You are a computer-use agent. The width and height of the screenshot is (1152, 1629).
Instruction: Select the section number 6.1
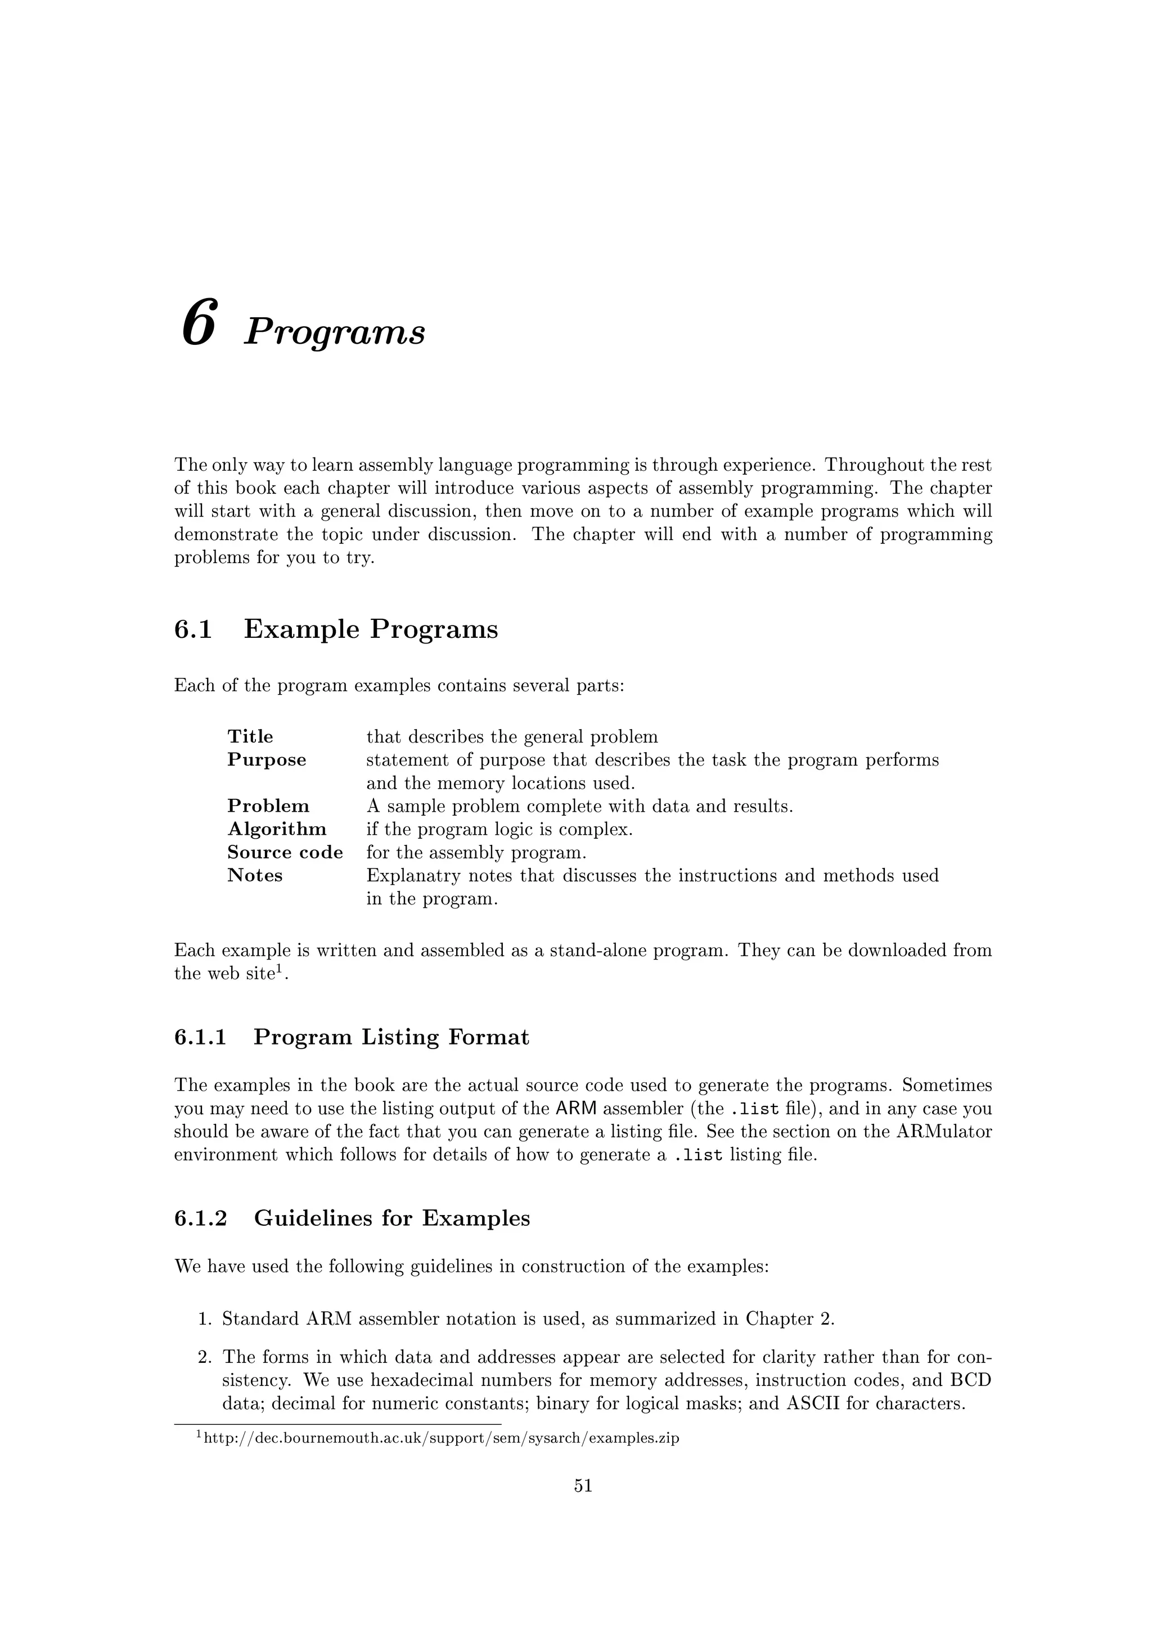pos(193,630)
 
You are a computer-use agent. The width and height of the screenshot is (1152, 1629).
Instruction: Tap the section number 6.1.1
pos(200,1037)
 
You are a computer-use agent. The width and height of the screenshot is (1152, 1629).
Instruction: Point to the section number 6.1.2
pos(200,1218)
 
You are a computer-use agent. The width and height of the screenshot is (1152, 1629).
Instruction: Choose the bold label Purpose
pos(267,760)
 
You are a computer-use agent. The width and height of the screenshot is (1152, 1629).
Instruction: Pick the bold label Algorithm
pos(277,829)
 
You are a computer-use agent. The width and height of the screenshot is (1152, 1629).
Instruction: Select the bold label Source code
pos(285,853)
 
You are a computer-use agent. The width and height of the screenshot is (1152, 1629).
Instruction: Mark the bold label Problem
pos(268,807)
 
